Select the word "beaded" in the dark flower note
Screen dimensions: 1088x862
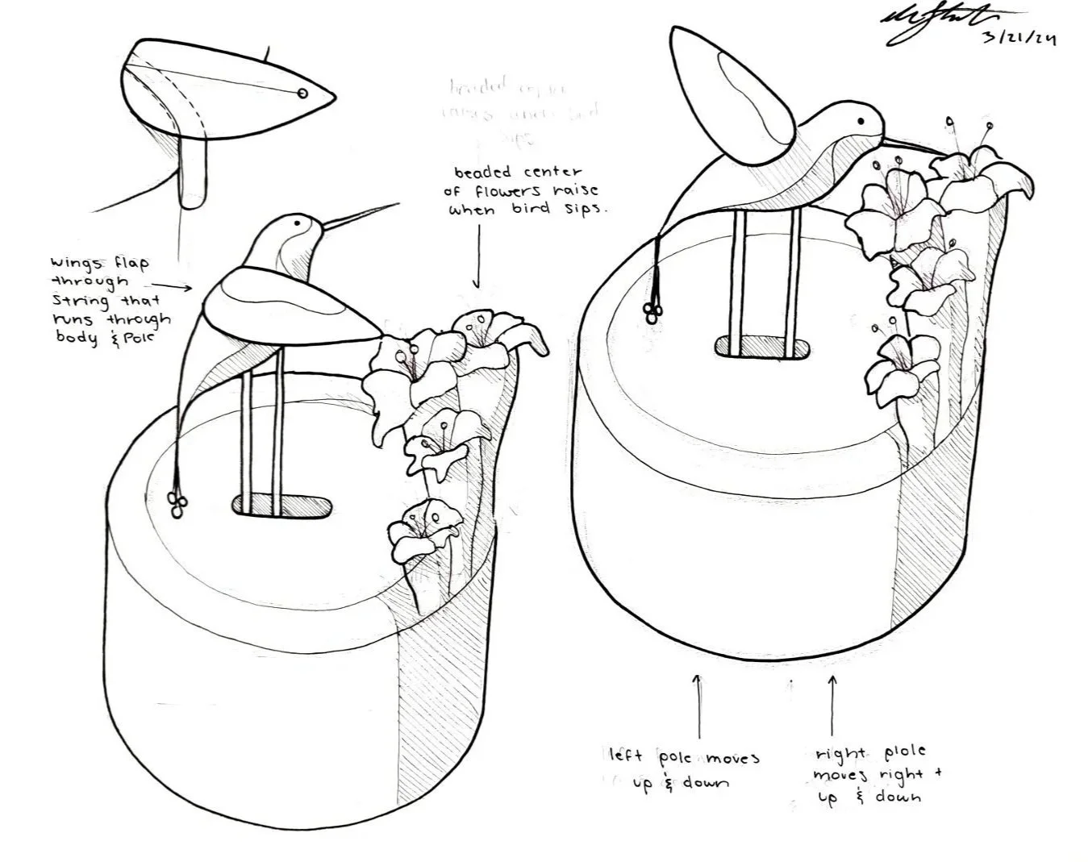pos(482,173)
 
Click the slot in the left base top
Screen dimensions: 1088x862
pos(282,506)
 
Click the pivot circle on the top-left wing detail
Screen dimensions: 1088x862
pos(302,94)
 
